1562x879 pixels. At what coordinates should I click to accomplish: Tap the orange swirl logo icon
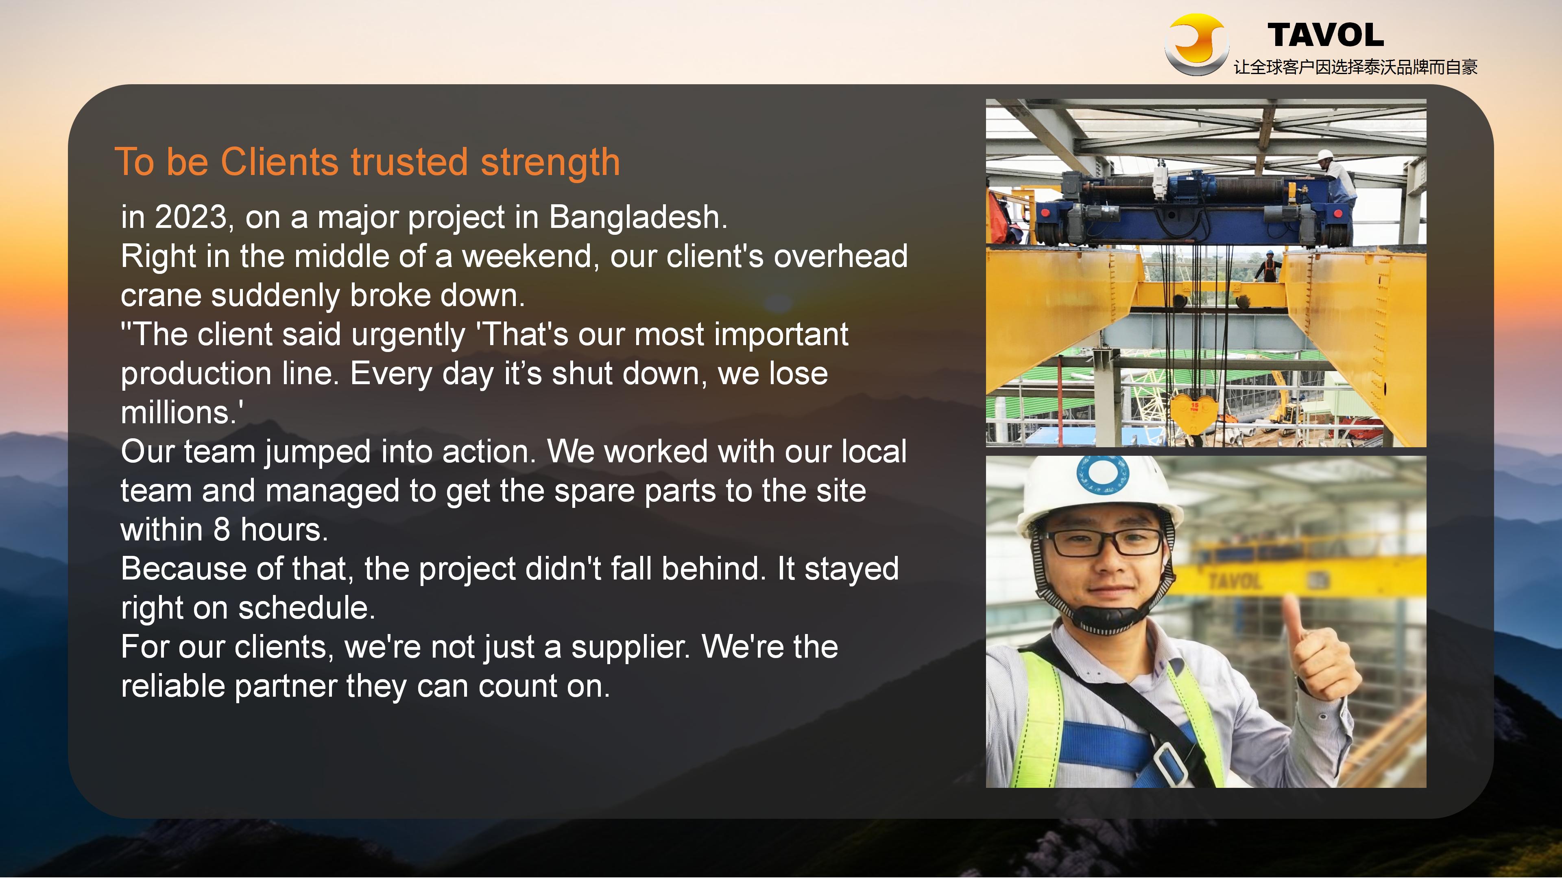tap(1196, 44)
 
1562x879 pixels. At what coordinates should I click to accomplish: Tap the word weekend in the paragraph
tap(527, 256)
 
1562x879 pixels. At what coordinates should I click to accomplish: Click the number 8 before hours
tap(222, 530)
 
